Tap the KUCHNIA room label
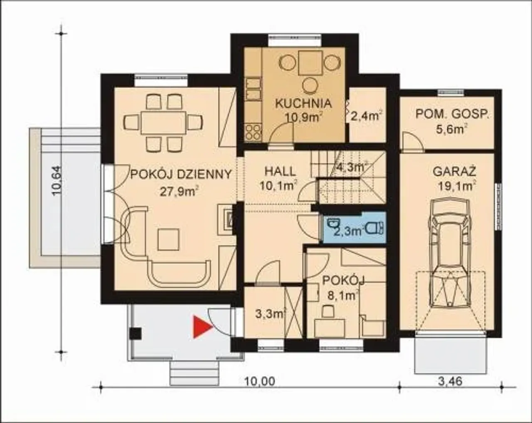click(303, 103)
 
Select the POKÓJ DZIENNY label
click(181, 174)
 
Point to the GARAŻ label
click(454, 172)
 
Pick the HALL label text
click(280, 172)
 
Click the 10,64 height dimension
click(57, 181)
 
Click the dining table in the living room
click(163, 122)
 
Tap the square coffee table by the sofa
click(168, 239)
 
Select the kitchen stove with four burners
click(253, 132)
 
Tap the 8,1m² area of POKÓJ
click(343, 296)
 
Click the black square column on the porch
click(136, 333)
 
